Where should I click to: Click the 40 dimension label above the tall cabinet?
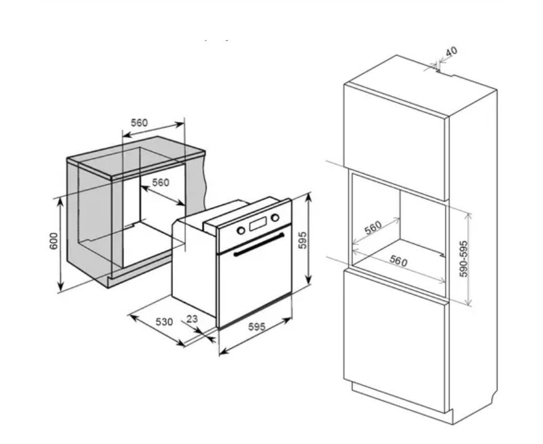452,51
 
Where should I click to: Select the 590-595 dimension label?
464,259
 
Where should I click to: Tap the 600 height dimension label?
54,241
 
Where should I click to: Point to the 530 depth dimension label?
164,322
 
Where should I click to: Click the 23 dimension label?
192,318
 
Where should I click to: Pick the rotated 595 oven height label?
303,240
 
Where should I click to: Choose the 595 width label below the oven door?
257,326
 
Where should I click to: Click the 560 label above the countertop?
139,123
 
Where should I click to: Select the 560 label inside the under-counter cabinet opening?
161,182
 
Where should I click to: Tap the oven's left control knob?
241,230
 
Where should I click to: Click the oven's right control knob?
275,218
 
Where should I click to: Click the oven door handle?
259,244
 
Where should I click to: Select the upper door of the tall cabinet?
394,142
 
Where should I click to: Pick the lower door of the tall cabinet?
394,341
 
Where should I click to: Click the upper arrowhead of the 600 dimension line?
60,202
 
